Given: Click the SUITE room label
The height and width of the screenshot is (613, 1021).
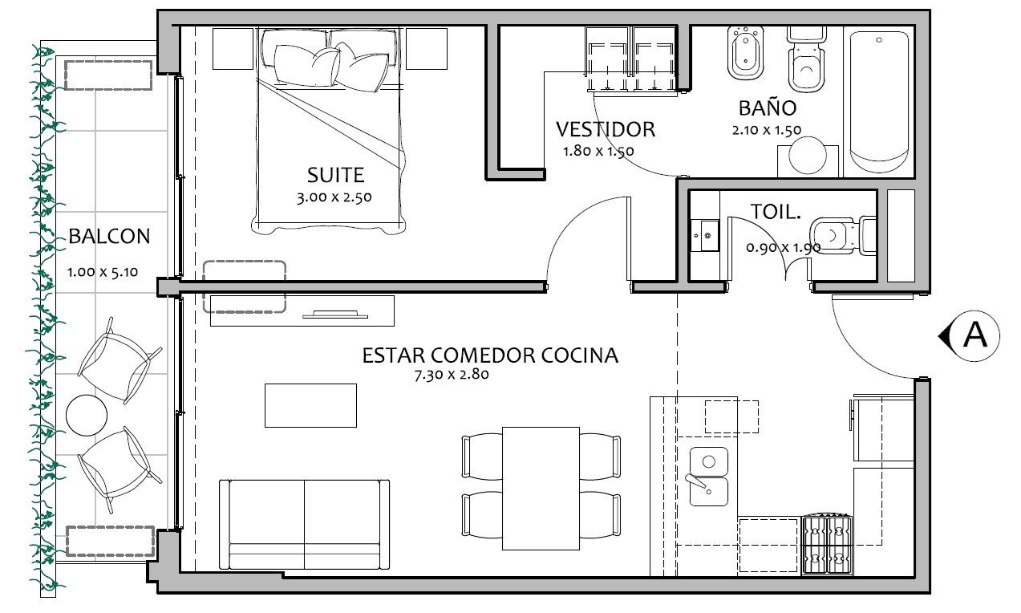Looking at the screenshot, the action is coord(335,175).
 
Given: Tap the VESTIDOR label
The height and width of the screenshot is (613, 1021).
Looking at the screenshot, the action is coord(606,129).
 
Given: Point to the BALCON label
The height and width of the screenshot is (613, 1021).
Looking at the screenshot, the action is coord(109,236).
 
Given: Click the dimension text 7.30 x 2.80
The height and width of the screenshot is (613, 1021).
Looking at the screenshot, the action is coord(452,375).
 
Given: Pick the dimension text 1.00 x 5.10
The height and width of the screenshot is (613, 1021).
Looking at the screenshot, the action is coord(103,272).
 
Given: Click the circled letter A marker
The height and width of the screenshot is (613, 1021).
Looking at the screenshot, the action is coord(974,336).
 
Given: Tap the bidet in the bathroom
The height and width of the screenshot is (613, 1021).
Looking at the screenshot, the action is coord(745,54).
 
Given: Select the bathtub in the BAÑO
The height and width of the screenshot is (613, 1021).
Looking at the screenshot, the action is coord(879,102).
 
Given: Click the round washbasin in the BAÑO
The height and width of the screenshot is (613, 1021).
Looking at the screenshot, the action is coord(807,155).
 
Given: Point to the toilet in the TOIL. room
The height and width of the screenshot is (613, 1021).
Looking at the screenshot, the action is coord(844,235).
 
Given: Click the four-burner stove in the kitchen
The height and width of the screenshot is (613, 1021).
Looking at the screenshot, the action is coord(827,545).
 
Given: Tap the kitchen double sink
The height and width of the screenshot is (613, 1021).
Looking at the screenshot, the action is coord(708,476).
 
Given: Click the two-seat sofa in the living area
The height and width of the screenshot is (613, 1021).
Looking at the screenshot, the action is coord(305,524).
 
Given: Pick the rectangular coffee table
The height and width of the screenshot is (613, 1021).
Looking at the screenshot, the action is coord(311,405).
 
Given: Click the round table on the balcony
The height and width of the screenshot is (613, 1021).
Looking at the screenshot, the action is coord(87,416).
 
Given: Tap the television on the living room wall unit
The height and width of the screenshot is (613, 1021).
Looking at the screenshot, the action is coord(335,315).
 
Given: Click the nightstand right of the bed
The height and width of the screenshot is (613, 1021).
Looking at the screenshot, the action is coord(426,49).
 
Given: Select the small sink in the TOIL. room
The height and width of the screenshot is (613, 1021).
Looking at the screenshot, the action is coord(706,235).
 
